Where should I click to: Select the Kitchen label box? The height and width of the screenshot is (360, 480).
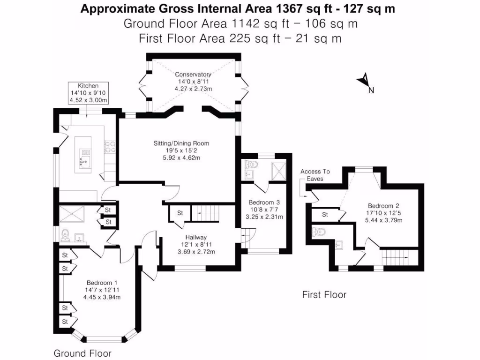click(x=88, y=93)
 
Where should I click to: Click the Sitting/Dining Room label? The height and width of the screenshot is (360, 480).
click(x=181, y=150)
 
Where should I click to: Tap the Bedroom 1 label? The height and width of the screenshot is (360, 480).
click(x=102, y=290)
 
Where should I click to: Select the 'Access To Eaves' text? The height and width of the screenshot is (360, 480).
click(x=315, y=175)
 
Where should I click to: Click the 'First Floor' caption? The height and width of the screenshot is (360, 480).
click(x=324, y=295)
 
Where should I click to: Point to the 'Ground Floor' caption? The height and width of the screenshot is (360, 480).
click(x=82, y=353)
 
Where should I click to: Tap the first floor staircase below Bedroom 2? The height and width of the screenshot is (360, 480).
click(x=399, y=257)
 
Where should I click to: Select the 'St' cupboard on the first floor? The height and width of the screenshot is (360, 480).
click(x=325, y=215)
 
